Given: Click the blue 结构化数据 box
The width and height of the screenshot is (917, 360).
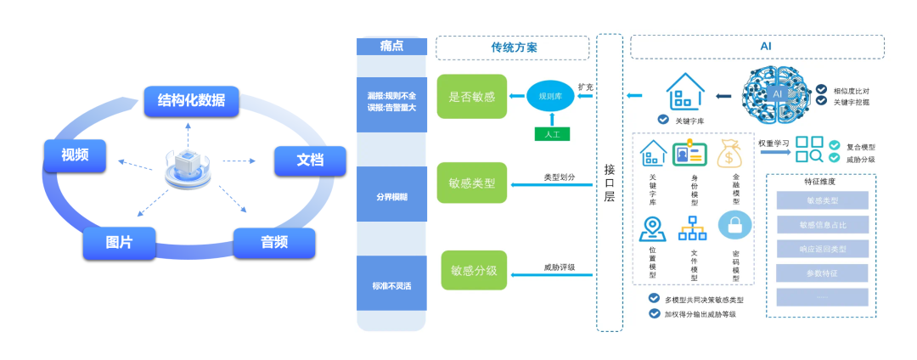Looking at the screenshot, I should [191, 101].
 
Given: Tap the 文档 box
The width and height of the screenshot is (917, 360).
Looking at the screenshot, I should [310, 160].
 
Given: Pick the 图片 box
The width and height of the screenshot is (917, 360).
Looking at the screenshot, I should [120, 243].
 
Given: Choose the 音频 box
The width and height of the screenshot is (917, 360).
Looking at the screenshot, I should [273, 243].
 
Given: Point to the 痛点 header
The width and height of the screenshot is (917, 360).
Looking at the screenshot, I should [391, 48].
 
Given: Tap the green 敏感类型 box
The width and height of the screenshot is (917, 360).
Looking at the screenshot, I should [472, 183].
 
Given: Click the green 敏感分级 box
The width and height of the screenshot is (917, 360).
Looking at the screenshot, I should [474, 271].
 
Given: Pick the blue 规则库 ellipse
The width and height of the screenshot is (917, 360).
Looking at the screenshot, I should [550, 96].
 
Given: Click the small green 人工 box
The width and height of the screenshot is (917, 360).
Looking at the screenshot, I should [551, 132].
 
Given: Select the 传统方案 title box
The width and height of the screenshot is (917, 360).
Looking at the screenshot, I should [512, 48].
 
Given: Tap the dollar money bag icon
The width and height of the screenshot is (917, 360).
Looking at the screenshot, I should [731, 154].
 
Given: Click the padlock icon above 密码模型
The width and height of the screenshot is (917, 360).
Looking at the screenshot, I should [734, 225].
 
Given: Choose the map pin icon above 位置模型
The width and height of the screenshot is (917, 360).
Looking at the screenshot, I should [652, 228].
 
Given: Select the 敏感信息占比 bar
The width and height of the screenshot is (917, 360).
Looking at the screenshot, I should [822, 224].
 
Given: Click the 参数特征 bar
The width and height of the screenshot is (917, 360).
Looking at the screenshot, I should [822, 273].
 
